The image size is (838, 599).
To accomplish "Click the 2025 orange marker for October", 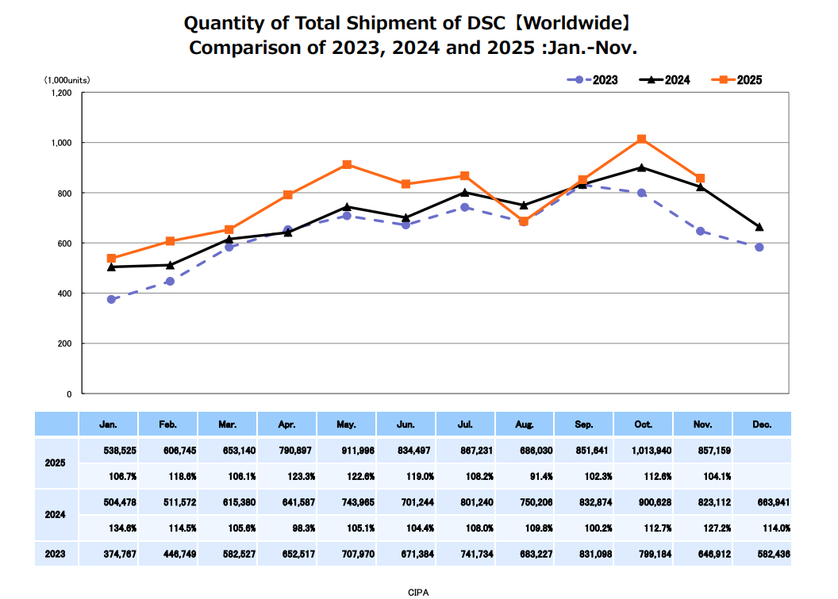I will [641, 140].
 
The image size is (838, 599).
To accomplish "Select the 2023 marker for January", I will [112, 299].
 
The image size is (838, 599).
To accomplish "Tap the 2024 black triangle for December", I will [759, 227].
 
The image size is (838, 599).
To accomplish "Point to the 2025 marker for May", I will [347, 165].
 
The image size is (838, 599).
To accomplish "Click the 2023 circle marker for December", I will [759, 248].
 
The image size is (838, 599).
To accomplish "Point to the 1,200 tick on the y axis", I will [61, 93].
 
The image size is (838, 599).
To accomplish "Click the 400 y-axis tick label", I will [64, 294].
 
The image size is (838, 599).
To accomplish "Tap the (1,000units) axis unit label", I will [67, 80].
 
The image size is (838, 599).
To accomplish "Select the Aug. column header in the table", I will [524, 424].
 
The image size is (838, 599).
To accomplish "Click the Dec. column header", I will [762, 424].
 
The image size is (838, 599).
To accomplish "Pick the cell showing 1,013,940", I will [643, 449].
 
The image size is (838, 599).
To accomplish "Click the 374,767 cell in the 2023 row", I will [109, 554].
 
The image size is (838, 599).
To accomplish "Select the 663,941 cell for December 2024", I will [762, 501].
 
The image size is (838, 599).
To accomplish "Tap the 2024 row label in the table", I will [56, 514].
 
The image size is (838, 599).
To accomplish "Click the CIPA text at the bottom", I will [418, 592].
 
